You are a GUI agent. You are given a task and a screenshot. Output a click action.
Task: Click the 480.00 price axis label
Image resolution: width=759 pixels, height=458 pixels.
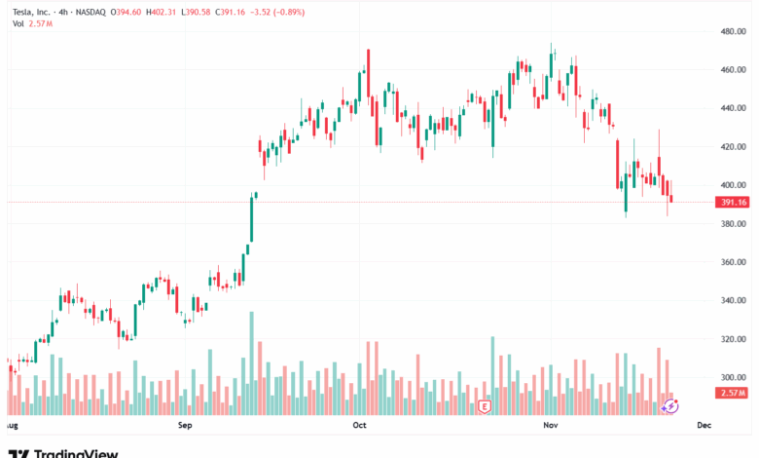click(x=732, y=31)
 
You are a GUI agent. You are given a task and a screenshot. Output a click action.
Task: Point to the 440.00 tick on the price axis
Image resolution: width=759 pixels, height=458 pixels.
click(x=732, y=108)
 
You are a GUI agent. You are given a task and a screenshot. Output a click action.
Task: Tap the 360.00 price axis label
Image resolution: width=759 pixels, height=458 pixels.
click(x=732, y=262)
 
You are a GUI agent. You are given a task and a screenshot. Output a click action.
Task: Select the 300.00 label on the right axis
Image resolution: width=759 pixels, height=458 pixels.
click(x=732, y=377)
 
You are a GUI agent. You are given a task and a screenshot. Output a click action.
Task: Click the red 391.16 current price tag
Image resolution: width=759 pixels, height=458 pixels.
click(x=732, y=203)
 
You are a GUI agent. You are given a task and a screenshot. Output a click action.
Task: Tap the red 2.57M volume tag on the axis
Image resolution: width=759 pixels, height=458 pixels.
click(x=732, y=392)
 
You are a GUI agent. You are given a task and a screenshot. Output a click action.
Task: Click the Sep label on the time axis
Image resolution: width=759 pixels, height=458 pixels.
click(x=186, y=426)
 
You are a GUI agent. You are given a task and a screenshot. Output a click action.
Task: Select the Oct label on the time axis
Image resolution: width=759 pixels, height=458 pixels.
click(x=359, y=426)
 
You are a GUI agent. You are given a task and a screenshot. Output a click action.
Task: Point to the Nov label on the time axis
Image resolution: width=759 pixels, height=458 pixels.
click(x=551, y=426)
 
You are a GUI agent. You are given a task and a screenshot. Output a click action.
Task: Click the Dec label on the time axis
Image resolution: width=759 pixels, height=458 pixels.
click(x=705, y=426)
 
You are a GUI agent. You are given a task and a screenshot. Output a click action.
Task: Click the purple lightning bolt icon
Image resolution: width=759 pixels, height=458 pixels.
click(x=669, y=405)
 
